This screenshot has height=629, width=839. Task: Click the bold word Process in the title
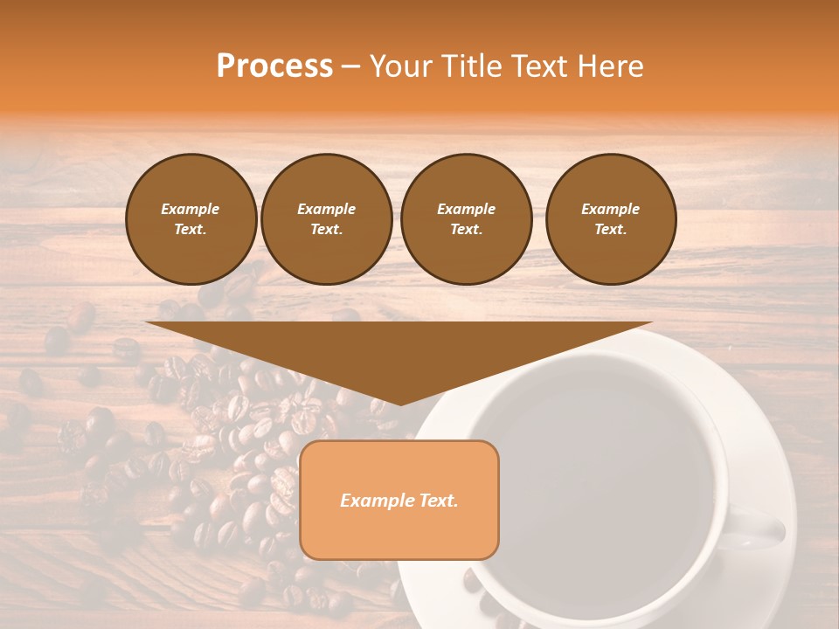(x=274, y=66)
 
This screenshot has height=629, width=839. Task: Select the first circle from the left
(x=191, y=219)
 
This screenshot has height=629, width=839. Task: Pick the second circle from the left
(x=326, y=219)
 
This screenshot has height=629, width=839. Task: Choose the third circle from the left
(x=466, y=219)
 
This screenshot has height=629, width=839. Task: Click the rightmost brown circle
(x=610, y=219)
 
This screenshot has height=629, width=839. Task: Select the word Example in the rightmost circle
(x=610, y=209)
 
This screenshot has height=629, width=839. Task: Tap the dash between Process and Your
(x=351, y=67)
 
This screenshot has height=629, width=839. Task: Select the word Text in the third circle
(x=465, y=230)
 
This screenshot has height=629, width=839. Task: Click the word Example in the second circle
(x=326, y=209)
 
